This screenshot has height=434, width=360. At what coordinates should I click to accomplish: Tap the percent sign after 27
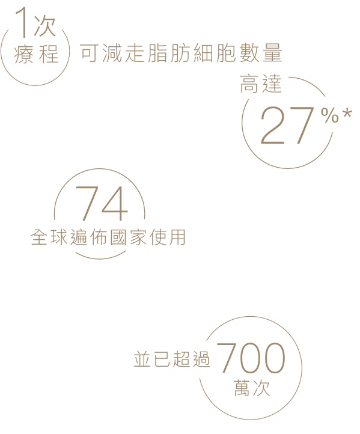click(x=330, y=115)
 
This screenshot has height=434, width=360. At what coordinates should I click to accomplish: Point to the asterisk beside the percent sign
click(x=347, y=115)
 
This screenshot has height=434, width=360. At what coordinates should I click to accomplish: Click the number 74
click(x=102, y=203)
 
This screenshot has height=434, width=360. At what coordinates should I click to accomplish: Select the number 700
click(x=251, y=358)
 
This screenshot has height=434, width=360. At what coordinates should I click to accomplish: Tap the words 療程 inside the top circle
click(x=36, y=53)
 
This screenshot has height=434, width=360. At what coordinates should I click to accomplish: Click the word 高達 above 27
click(x=260, y=84)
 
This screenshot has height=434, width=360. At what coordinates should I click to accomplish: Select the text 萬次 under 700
click(x=252, y=388)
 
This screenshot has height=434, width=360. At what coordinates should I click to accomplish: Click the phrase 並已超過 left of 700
click(x=171, y=359)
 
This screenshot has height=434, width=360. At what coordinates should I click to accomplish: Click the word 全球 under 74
click(x=49, y=237)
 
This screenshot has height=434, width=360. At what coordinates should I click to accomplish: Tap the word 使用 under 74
click(x=168, y=237)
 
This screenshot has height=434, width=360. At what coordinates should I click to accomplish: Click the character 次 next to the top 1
click(x=44, y=27)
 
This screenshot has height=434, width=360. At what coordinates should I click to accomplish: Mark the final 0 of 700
click(x=273, y=358)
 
